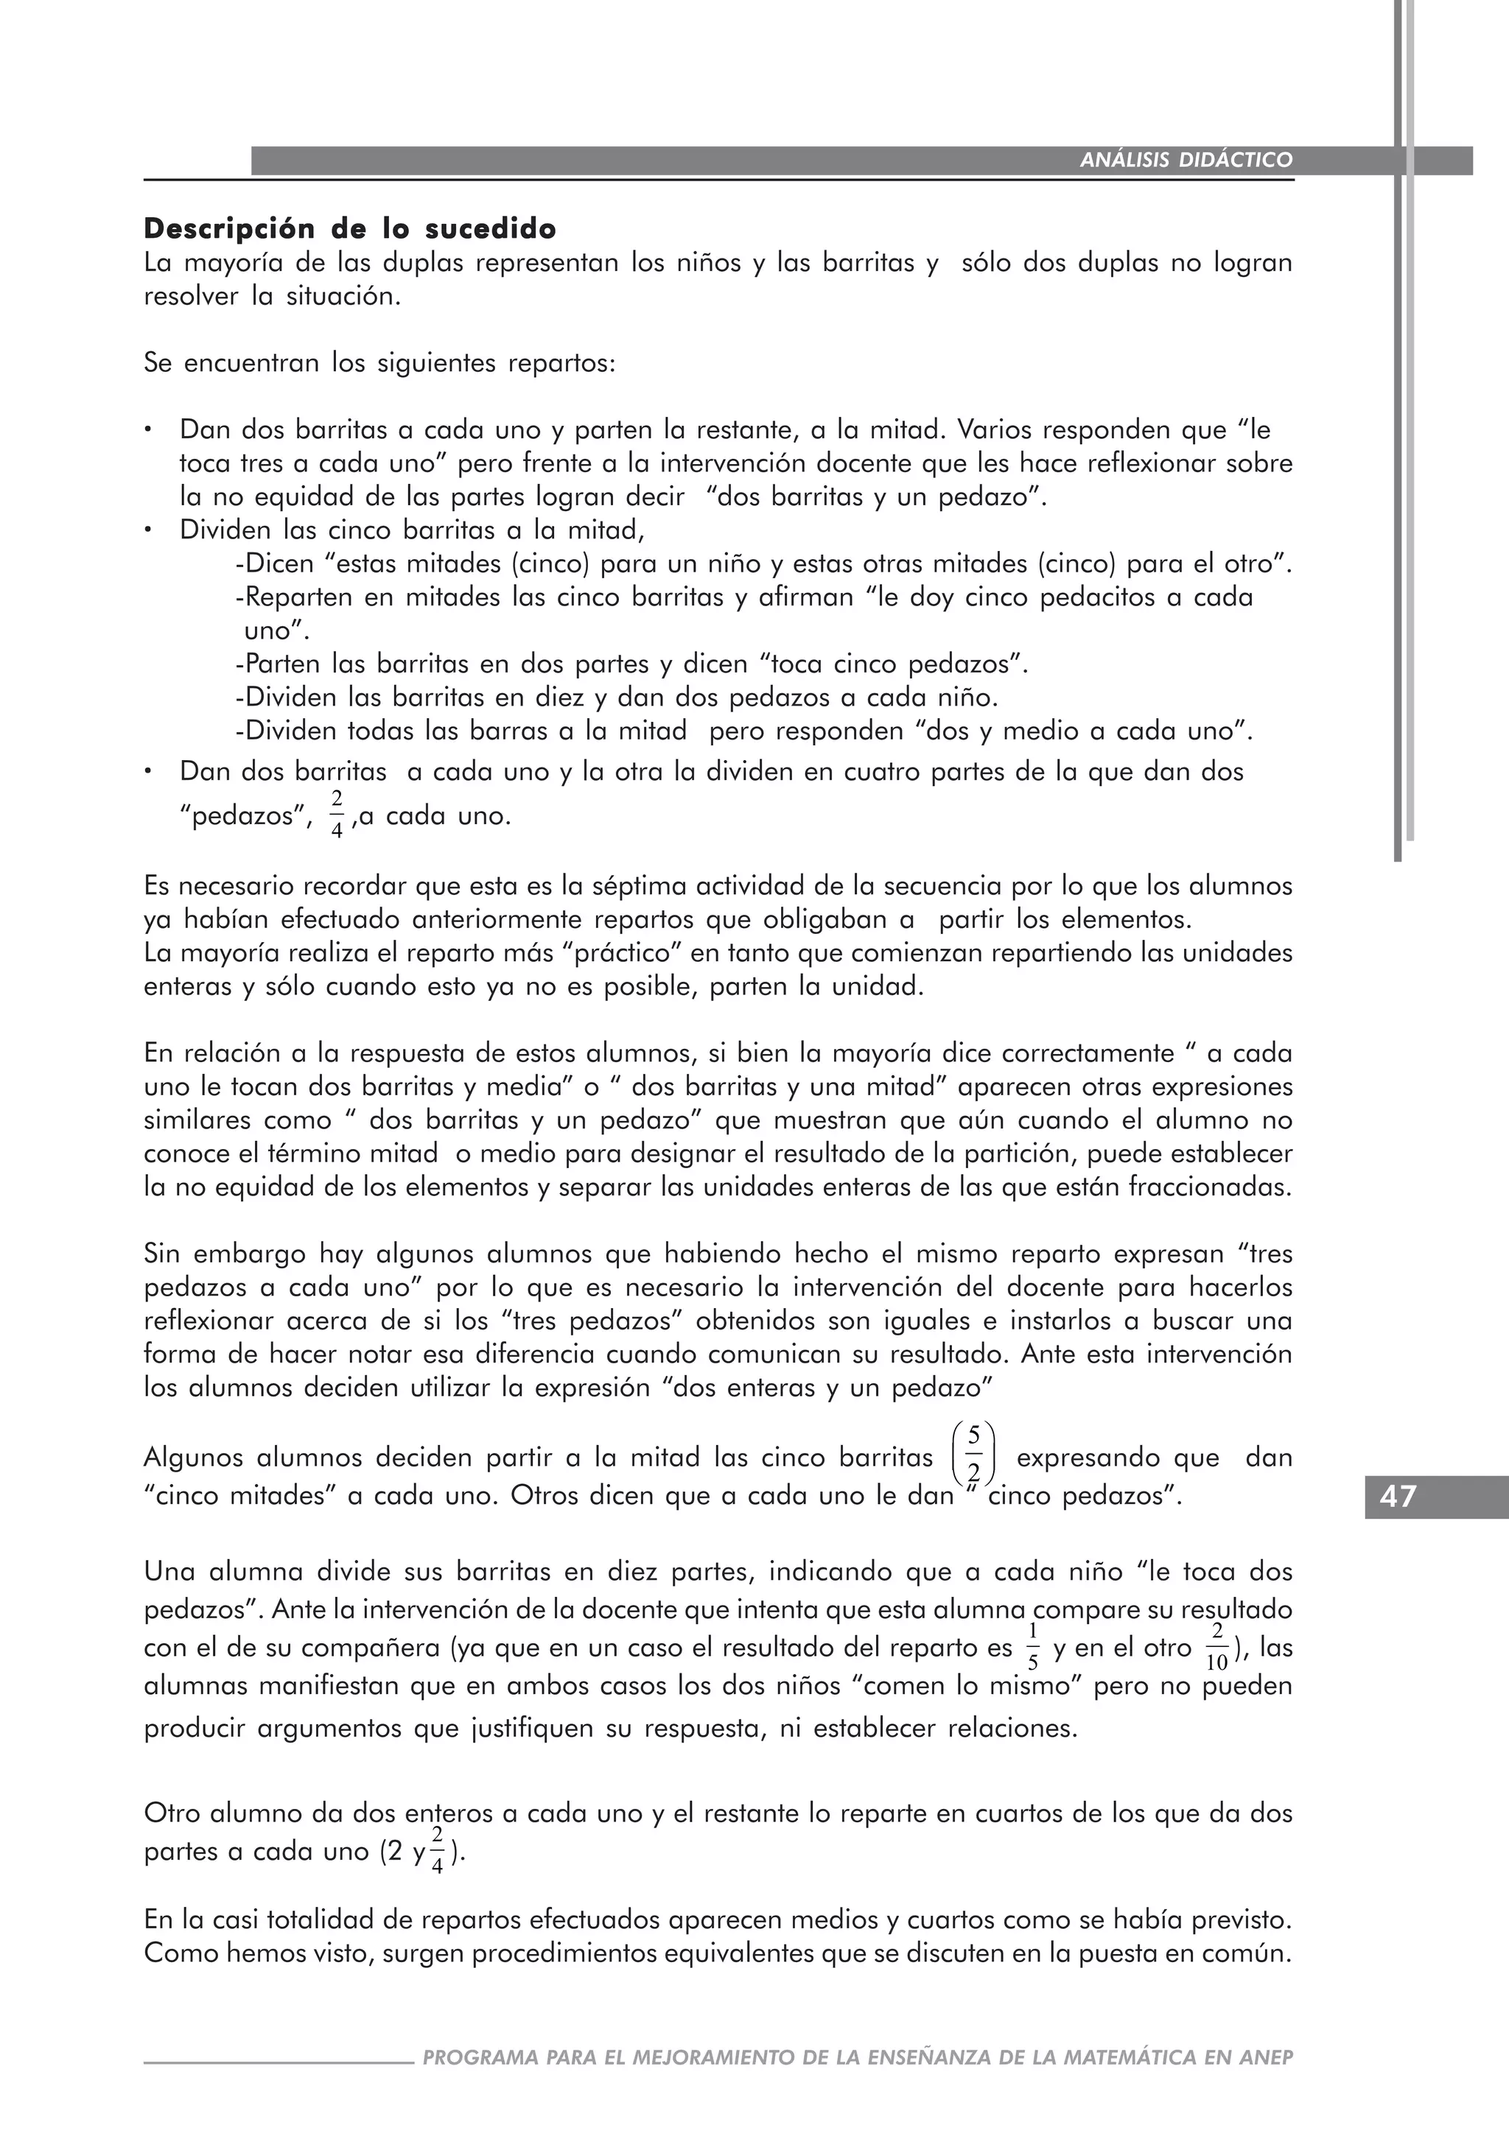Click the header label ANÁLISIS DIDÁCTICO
pyautogui.click(x=1186, y=160)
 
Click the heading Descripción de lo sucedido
pyautogui.click(x=350, y=228)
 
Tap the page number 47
pyautogui.click(x=1398, y=1497)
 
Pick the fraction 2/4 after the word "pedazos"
pyautogui.click(x=337, y=815)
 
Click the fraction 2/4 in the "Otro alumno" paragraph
pyautogui.click(x=438, y=1852)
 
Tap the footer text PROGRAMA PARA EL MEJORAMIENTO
pyautogui.click(x=857, y=2084)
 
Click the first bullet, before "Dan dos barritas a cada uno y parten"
pyautogui.click(x=148, y=431)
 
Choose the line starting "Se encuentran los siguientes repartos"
pyautogui.click(x=379, y=363)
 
